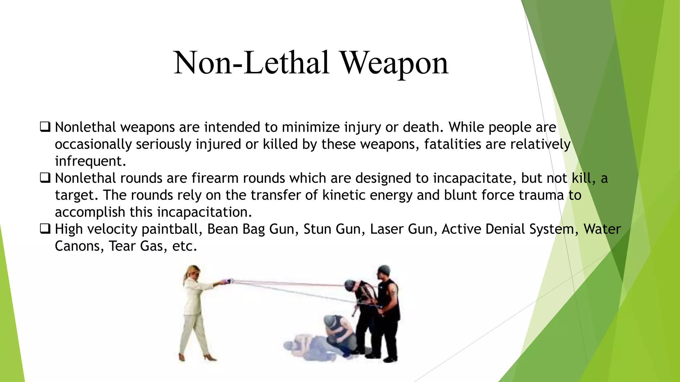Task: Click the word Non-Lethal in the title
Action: [x=252, y=63]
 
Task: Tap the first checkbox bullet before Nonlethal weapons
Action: [x=45, y=127]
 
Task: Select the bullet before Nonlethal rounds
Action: [x=45, y=178]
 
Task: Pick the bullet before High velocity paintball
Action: [x=45, y=229]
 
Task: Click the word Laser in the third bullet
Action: [x=386, y=229]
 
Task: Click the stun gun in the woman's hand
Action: [x=227, y=281]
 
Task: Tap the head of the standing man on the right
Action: [x=384, y=273]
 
